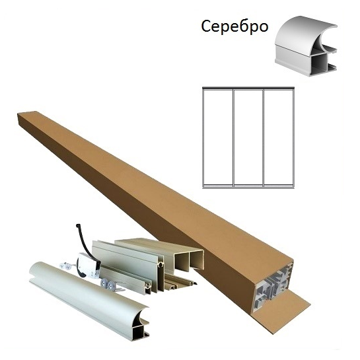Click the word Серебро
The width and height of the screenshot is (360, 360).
234,27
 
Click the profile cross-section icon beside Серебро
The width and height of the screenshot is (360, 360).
306,46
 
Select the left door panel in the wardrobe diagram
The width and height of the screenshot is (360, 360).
218,138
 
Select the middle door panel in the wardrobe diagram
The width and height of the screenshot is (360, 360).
248,138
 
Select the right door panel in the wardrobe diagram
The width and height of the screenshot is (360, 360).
279,138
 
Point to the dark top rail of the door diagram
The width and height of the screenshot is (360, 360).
248,88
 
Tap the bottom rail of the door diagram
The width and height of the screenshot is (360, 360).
248,187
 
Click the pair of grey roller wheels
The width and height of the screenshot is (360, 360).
108,285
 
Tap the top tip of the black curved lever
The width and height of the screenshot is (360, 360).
77,225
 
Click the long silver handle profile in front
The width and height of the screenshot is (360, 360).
89,301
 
